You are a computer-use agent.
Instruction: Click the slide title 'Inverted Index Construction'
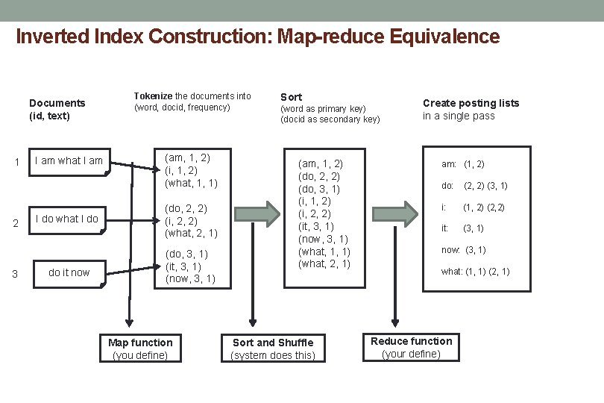point(257,36)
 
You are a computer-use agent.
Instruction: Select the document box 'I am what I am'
point(69,160)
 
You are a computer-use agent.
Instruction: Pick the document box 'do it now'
point(69,272)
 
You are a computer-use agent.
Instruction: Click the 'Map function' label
point(140,343)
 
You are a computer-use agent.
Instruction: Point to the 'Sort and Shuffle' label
point(273,343)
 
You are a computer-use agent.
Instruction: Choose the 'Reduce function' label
point(411,341)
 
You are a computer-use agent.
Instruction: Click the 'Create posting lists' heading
point(471,103)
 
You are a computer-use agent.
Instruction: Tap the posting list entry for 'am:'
point(462,164)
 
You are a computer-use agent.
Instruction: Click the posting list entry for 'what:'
point(475,272)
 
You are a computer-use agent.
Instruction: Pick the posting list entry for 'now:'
point(463,250)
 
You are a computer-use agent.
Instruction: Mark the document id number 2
point(15,223)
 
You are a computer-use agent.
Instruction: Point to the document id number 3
point(15,274)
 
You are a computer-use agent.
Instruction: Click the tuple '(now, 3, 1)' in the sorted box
point(323,239)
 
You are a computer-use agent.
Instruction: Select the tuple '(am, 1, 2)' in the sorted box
point(321,163)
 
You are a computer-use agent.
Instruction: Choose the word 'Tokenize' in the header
point(153,96)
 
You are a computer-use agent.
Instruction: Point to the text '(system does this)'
point(273,355)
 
